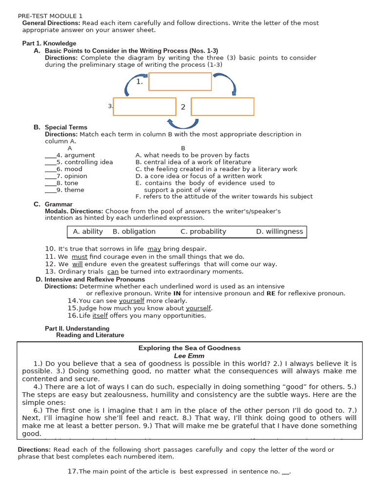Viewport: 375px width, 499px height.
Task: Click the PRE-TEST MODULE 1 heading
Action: (50, 16)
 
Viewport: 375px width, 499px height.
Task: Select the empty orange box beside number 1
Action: (180, 81)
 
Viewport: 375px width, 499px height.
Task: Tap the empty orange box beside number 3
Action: (145, 107)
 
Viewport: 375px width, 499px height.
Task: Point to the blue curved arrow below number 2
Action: (183, 123)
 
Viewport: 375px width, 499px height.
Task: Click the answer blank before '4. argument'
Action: (50, 155)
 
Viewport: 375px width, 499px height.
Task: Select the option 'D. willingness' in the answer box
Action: (279, 231)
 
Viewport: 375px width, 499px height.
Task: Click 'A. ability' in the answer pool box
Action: (88, 231)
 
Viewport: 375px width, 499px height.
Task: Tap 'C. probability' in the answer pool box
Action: (203, 231)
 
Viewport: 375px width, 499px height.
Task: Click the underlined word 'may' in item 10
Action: (154, 249)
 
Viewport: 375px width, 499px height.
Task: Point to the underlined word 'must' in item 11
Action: (80, 256)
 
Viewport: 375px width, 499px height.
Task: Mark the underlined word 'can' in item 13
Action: (113, 271)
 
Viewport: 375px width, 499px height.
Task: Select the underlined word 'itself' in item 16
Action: (100, 315)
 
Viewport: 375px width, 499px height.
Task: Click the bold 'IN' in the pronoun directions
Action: (177, 293)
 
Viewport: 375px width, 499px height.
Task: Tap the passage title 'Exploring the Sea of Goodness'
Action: (189, 348)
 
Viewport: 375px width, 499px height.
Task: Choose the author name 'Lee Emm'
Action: (189, 356)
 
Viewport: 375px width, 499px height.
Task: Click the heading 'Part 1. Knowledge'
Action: (49, 43)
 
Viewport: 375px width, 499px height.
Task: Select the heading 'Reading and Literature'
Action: (90, 335)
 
